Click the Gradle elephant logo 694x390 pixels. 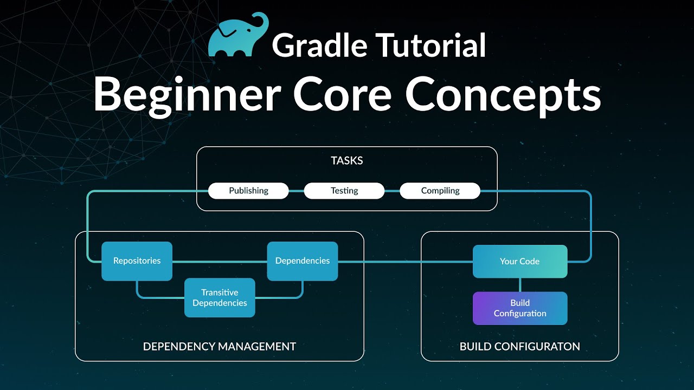click(x=237, y=36)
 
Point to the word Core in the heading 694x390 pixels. click(x=342, y=93)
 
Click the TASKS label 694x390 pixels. click(x=346, y=160)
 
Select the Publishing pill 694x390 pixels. click(x=248, y=191)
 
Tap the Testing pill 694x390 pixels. click(x=344, y=191)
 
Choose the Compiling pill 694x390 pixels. click(x=440, y=191)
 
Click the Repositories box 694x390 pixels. click(x=137, y=261)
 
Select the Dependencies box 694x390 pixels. click(x=302, y=261)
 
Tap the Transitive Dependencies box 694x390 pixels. click(x=220, y=298)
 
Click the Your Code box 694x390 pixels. click(x=519, y=262)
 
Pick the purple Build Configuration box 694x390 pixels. click(x=519, y=308)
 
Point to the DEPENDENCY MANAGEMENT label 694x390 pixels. click(x=219, y=347)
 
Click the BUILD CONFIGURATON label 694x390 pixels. click(x=519, y=347)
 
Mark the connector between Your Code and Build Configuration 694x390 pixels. click(x=520, y=285)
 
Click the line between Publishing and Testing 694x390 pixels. click(x=296, y=191)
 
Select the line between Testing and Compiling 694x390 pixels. click(x=392, y=191)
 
